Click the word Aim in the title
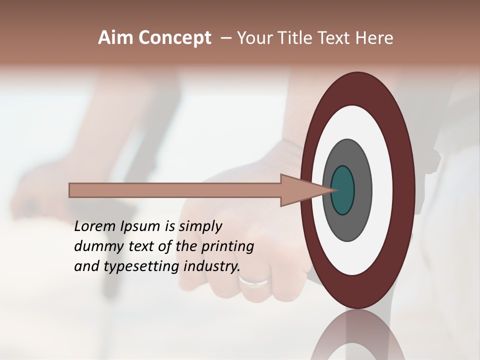(116, 38)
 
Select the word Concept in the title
(175, 38)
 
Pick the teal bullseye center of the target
(343, 190)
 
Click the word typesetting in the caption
(141, 266)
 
